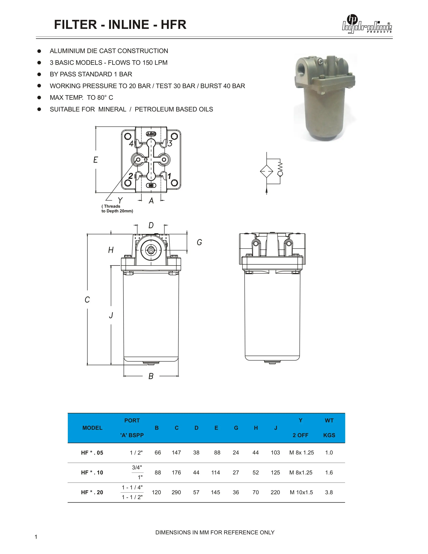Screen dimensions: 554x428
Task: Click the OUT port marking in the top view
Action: click(151, 134)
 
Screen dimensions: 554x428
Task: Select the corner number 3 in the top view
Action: click(170, 143)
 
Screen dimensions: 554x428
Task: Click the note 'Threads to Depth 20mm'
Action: click(117, 209)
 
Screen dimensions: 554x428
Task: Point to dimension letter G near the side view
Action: click(199, 242)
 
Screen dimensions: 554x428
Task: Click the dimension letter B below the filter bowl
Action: click(151, 376)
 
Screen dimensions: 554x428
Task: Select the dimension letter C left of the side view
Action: click(87, 299)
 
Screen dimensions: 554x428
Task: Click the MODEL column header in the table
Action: click(92, 428)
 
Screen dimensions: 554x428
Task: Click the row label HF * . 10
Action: click(92, 473)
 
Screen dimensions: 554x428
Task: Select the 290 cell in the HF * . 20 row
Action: click(176, 492)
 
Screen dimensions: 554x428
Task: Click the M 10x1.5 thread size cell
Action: click(301, 492)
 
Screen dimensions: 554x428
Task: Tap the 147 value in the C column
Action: click(176, 453)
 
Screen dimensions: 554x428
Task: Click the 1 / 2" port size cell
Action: click(136, 453)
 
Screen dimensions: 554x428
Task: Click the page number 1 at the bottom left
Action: click(36, 537)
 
